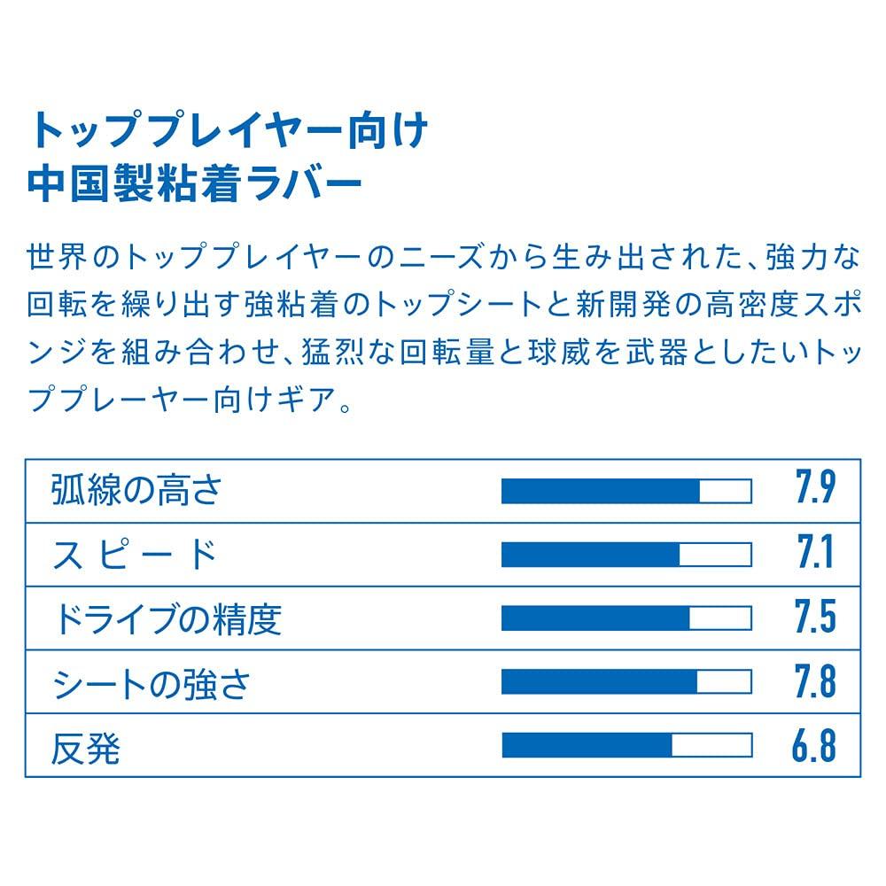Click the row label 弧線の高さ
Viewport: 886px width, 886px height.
136,490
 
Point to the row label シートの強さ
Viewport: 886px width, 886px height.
152,683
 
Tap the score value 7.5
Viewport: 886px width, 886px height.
814,618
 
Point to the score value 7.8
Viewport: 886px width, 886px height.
814,683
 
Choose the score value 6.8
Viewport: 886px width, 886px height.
814,747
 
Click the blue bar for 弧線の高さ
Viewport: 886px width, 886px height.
601,491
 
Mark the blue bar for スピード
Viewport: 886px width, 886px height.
591,555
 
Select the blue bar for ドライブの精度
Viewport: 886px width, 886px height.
595,618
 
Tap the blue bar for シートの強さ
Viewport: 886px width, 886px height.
600,682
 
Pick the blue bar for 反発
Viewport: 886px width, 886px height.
587,746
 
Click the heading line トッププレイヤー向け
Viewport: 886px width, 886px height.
229,132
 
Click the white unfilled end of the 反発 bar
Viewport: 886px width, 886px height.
711,746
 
